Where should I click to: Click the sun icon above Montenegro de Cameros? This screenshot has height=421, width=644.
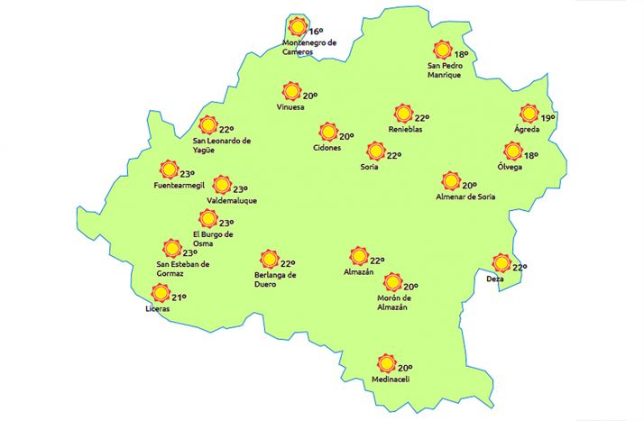click(x=297, y=28)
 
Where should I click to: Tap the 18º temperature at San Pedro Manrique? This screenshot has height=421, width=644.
click(x=461, y=54)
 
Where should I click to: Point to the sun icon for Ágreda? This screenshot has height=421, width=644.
click(x=529, y=114)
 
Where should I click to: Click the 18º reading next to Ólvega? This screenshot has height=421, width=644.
click(x=531, y=155)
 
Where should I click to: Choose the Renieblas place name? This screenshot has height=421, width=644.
click(x=406, y=130)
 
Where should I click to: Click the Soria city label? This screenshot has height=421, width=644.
click(x=369, y=167)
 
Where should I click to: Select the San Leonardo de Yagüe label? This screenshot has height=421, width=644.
click(x=222, y=145)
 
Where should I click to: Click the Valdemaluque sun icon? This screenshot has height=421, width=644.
click(x=222, y=185)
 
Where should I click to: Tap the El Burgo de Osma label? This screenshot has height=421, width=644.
click(x=213, y=239)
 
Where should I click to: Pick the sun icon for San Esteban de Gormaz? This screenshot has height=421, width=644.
click(x=170, y=249)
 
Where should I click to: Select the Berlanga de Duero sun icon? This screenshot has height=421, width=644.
click(x=269, y=260)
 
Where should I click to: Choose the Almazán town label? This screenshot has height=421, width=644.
click(x=359, y=271)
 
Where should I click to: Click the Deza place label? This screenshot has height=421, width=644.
click(x=494, y=279)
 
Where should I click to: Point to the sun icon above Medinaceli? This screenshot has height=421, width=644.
click(x=386, y=363)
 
